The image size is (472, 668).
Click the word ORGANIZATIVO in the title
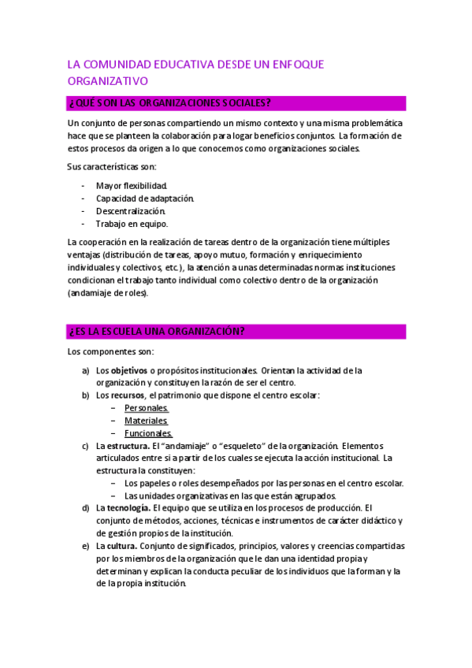pyautogui.click(x=107, y=81)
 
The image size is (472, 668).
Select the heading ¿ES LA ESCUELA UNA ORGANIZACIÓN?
pyautogui.click(x=157, y=332)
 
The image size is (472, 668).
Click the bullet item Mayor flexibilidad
pyautogui.click(x=132, y=185)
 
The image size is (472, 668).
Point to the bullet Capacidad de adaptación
pyautogui.click(x=145, y=198)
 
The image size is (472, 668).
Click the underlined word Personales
pyautogui.click(x=147, y=408)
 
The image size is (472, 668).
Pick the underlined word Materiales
pyautogui.click(x=146, y=421)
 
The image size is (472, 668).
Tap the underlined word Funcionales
pyautogui.click(x=148, y=433)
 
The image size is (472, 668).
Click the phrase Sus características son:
pyautogui.click(x=112, y=166)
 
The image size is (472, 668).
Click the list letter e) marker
pyautogui.click(x=85, y=546)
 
